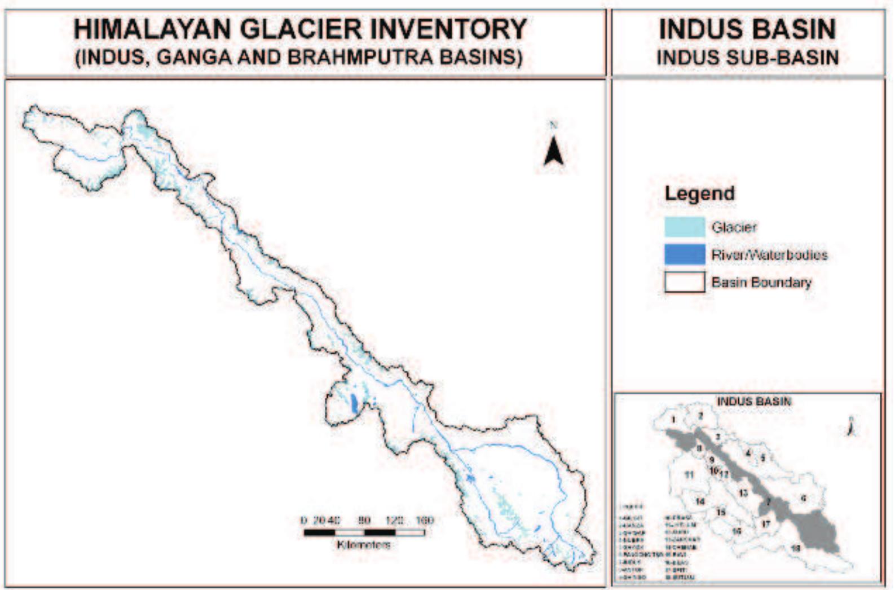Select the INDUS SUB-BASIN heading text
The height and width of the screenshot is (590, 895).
click(x=747, y=58)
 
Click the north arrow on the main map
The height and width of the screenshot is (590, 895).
click(x=553, y=149)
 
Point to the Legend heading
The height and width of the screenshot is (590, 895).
click(x=699, y=193)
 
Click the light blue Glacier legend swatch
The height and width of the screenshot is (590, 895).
click(x=685, y=227)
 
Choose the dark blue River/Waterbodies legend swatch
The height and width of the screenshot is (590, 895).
click(x=685, y=254)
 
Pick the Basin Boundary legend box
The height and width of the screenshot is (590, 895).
click(x=685, y=282)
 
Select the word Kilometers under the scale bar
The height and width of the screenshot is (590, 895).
click(x=364, y=545)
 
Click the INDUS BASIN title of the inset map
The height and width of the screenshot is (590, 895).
click(x=754, y=402)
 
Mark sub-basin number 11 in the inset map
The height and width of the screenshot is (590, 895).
click(x=689, y=475)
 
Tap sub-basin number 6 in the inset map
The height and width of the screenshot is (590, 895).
click(x=804, y=498)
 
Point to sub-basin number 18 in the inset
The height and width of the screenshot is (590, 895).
click(x=796, y=548)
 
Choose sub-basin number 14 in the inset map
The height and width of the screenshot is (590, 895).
click(x=700, y=501)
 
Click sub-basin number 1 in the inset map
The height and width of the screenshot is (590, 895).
click(x=673, y=420)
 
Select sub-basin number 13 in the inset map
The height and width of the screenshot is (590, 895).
click(x=743, y=494)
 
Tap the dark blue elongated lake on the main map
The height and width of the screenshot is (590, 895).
click(x=354, y=403)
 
